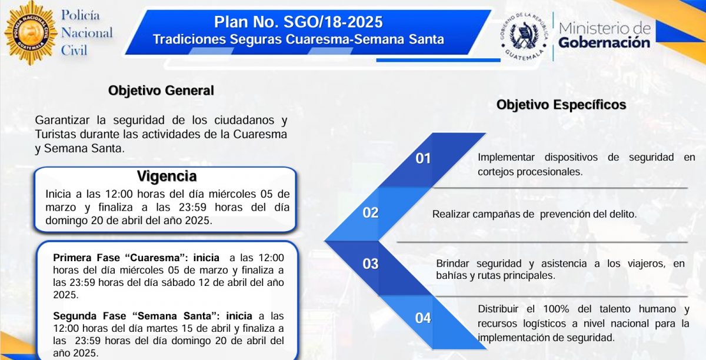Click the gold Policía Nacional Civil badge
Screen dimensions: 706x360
click(x=31, y=32)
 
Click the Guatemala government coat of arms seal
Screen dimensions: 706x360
click(x=524, y=35)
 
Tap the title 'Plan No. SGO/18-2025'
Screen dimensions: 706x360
click(x=298, y=22)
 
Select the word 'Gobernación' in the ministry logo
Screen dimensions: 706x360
click(x=604, y=42)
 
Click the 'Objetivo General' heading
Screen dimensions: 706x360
click(x=161, y=91)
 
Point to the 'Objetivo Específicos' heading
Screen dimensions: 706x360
click(x=561, y=105)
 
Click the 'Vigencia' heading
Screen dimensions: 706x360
click(x=166, y=176)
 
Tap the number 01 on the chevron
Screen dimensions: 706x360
click(x=423, y=158)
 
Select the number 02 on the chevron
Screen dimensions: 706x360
click(x=370, y=213)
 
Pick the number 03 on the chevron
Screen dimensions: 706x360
click(x=370, y=264)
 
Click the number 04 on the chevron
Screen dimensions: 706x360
click(x=423, y=318)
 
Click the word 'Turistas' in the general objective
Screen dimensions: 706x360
click(x=55, y=134)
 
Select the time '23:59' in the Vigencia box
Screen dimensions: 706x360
click(x=192, y=208)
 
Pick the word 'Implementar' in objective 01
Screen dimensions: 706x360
click(x=506, y=157)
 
